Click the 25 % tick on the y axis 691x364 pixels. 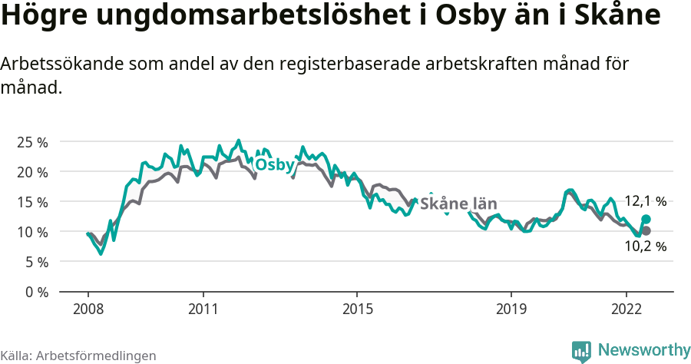coord(31,142)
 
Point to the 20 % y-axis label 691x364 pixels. coord(31,172)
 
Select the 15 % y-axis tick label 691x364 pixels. coord(31,202)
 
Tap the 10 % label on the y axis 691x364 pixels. coord(31,232)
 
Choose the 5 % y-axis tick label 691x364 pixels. coord(35,262)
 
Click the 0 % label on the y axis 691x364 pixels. coord(35,292)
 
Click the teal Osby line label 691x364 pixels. coord(275,165)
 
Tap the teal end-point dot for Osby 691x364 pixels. coord(646,219)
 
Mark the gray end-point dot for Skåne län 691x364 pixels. coord(646,230)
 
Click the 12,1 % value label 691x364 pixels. coord(644,201)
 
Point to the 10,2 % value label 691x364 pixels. coord(645,247)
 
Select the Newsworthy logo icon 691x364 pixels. coord(581,351)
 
